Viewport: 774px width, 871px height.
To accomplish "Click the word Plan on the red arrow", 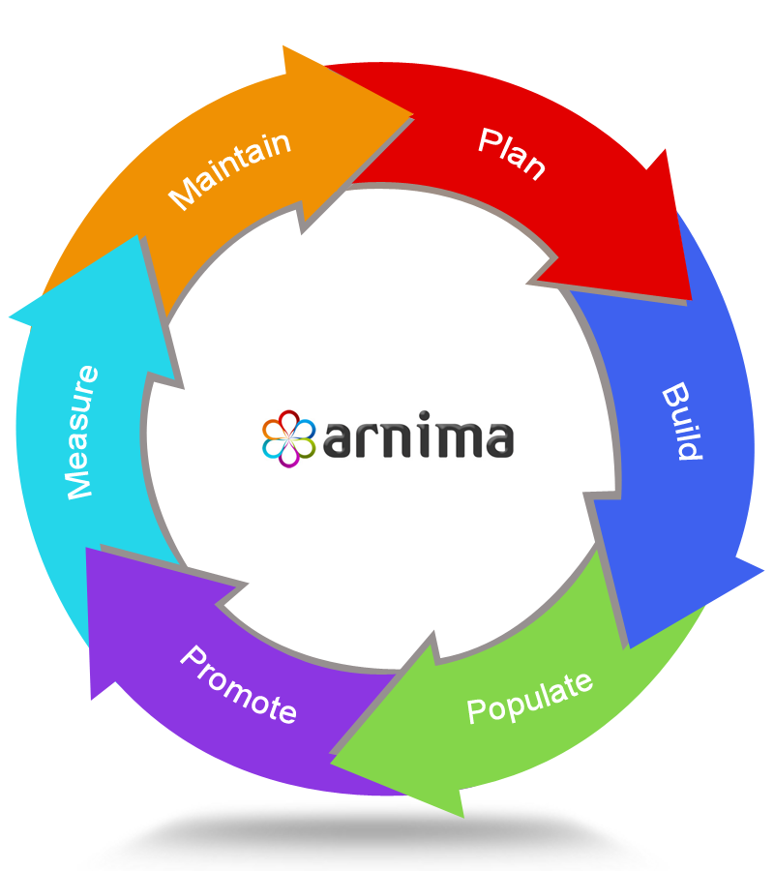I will [512, 153].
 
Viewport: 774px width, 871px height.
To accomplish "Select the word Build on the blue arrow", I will [682, 422].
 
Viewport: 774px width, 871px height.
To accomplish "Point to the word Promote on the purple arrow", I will [238, 684].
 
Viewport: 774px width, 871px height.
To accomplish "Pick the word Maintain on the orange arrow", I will [230, 170].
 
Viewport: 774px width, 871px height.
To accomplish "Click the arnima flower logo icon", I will [288, 438].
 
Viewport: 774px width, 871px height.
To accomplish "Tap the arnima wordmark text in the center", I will [416, 438].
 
